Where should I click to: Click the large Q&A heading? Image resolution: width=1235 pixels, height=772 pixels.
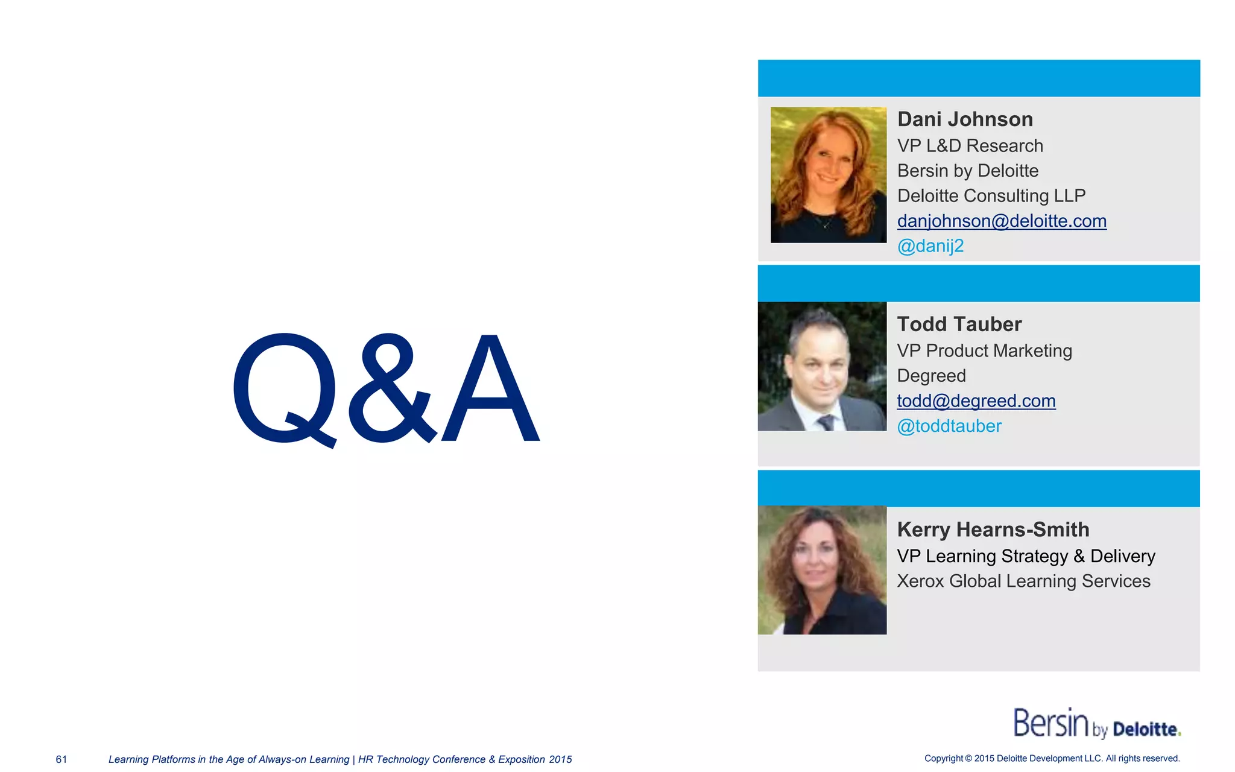pyautogui.click(x=386, y=389)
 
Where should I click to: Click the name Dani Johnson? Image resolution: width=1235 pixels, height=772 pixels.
pyautogui.click(x=965, y=119)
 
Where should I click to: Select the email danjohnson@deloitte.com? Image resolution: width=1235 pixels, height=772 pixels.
pyautogui.click(x=1002, y=221)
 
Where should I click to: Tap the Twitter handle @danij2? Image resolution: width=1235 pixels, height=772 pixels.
pyautogui.click(x=930, y=246)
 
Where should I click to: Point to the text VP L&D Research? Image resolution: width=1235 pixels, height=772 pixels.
pyautogui.click(x=970, y=146)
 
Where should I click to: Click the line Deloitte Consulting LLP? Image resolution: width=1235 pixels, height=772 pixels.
pyautogui.click(x=991, y=196)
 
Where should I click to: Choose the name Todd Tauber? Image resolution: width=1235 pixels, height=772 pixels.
pyautogui.click(x=959, y=324)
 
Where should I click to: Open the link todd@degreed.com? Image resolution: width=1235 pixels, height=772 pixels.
pyautogui.click(x=976, y=401)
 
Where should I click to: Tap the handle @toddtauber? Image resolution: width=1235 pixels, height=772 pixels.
pyautogui.click(x=949, y=426)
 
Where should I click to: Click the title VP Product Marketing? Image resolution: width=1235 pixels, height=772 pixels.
pyautogui.click(x=984, y=351)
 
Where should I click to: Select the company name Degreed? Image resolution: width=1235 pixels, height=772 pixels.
pyautogui.click(x=931, y=376)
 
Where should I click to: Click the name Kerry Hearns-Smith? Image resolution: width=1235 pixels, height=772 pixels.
pyautogui.click(x=993, y=530)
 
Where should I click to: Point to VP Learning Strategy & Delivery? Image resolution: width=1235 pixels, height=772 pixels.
pyautogui.click(x=1026, y=556)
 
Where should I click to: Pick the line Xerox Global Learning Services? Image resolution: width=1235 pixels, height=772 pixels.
pyautogui.click(x=1023, y=581)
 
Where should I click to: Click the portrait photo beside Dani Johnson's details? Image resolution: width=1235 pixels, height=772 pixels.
pyautogui.click(x=829, y=175)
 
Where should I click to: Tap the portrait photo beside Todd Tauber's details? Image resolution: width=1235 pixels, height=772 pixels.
pyautogui.click(x=822, y=366)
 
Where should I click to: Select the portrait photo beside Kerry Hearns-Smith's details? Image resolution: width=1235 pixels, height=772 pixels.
pyautogui.click(x=822, y=570)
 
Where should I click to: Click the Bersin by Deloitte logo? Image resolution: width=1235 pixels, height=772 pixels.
pyautogui.click(x=1096, y=724)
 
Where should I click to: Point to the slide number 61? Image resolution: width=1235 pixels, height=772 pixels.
pyautogui.click(x=62, y=759)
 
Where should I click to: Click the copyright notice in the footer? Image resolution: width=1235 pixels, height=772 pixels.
pyautogui.click(x=1052, y=759)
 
